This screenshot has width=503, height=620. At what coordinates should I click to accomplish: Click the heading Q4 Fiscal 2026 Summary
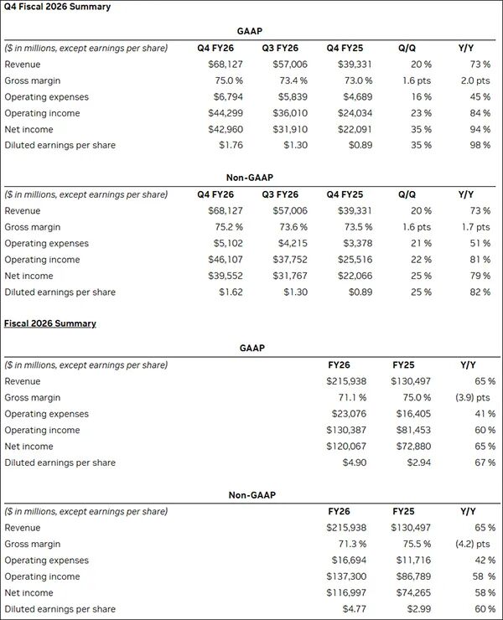(x=57, y=7)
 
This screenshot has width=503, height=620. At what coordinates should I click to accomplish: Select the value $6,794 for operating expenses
(x=221, y=97)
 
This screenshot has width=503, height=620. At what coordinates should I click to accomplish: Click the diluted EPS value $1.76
(x=225, y=145)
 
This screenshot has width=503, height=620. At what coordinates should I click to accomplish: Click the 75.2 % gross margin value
(x=221, y=228)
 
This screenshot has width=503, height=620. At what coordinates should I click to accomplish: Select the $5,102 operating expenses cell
(x=221, y=244)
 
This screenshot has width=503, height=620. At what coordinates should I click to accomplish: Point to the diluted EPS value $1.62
(x=225, y=292)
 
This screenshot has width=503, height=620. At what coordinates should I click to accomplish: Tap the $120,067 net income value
(x=345, y=447)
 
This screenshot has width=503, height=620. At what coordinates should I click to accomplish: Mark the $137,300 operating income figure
(x=345, y=576)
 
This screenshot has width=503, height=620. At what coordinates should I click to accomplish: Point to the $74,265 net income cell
(x=411, y=593)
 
